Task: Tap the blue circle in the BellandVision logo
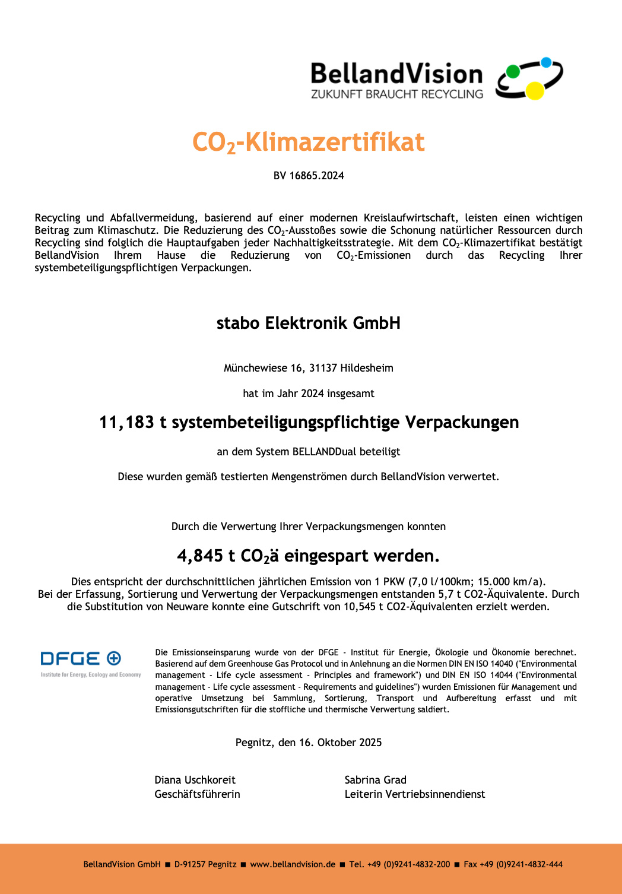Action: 547,62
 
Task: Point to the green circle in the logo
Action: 513,72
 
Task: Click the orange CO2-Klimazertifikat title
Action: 308,142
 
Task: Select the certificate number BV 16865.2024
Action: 309,176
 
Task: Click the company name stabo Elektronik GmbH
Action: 308,323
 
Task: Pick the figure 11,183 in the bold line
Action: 126,422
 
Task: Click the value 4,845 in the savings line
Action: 200,556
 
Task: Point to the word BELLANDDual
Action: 324,452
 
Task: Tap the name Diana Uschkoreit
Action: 195,780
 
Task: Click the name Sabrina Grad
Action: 375,780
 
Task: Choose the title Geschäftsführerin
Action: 197,794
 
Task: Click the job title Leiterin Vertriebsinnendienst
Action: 414,794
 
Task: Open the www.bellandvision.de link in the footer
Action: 293,864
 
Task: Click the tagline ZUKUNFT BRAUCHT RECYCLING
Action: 396,94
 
